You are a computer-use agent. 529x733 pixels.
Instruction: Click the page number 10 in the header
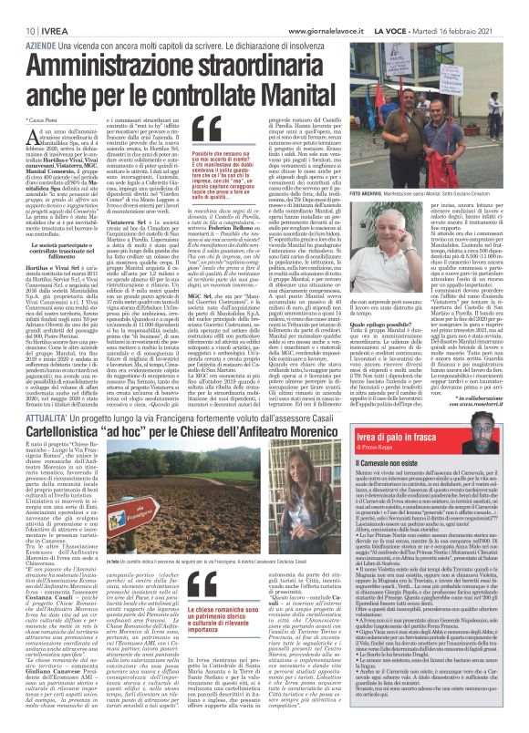click(x=18, y=8)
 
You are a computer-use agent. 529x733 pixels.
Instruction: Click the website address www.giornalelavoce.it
click(x=316, y=8)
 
